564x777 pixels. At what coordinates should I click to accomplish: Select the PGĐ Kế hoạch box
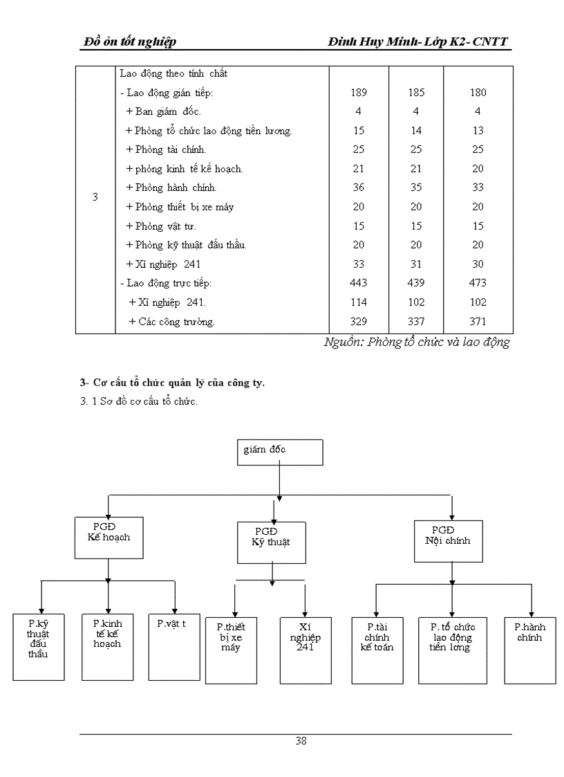click(109, 537)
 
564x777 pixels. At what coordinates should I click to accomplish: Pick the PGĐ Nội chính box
click(447, 540)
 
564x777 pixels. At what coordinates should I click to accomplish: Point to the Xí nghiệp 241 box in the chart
click(305, 650)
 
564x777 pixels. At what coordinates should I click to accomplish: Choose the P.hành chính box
click(529, 650)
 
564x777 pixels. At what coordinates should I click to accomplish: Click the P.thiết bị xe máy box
click(231, 650)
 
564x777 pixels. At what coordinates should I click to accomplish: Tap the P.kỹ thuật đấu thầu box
click(39, 646)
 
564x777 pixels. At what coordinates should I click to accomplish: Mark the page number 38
click(301, 741)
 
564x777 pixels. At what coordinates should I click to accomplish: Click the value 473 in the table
click(477, 283)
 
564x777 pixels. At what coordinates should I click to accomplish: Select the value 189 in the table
click(359, 93)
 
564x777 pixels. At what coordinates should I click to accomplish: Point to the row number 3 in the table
click(95, 197)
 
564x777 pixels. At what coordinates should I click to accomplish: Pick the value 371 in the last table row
click(477, 321)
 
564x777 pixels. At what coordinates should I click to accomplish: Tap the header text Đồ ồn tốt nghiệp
click(129, 42)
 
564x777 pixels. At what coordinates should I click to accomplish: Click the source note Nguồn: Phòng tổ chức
click(417, 342)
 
